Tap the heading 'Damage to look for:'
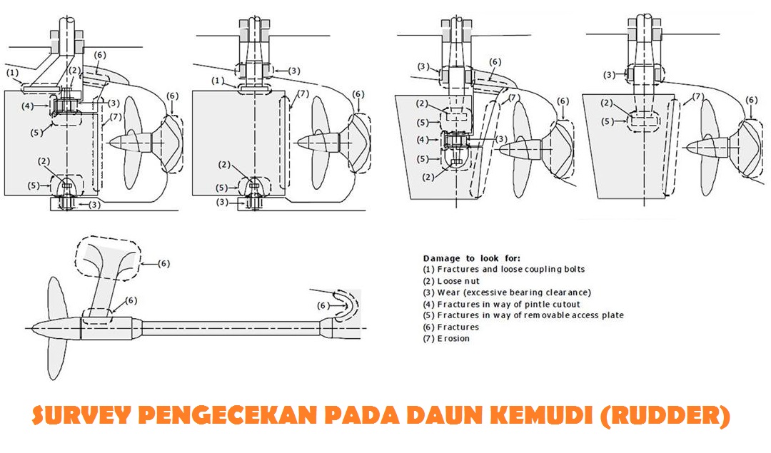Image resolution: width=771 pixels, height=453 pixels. coord(471,258)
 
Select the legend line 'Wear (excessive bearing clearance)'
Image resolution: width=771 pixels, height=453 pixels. coord(507,292)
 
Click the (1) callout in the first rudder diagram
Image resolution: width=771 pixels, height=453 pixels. coord(13,72)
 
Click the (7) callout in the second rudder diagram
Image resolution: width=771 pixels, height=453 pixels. coord(302,93)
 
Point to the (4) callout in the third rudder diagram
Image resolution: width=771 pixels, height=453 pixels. coord(423,139)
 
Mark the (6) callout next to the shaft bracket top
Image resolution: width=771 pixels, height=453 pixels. coord(163,263)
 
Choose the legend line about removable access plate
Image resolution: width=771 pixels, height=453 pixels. coord(523,315)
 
